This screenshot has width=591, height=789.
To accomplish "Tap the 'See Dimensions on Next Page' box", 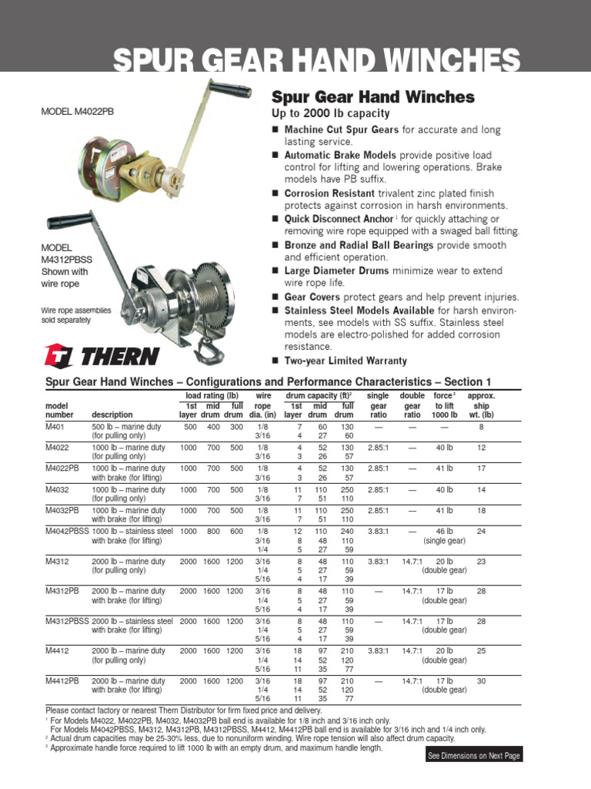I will (x=474, y=756).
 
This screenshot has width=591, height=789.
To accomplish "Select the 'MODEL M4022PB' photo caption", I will (x=77, y=112).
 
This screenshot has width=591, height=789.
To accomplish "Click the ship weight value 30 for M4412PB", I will (x=481, y=681).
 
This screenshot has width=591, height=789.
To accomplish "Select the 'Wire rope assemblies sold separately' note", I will (x=76, y=314).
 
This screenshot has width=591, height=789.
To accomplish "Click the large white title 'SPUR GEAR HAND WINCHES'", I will (x=316, y=61).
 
